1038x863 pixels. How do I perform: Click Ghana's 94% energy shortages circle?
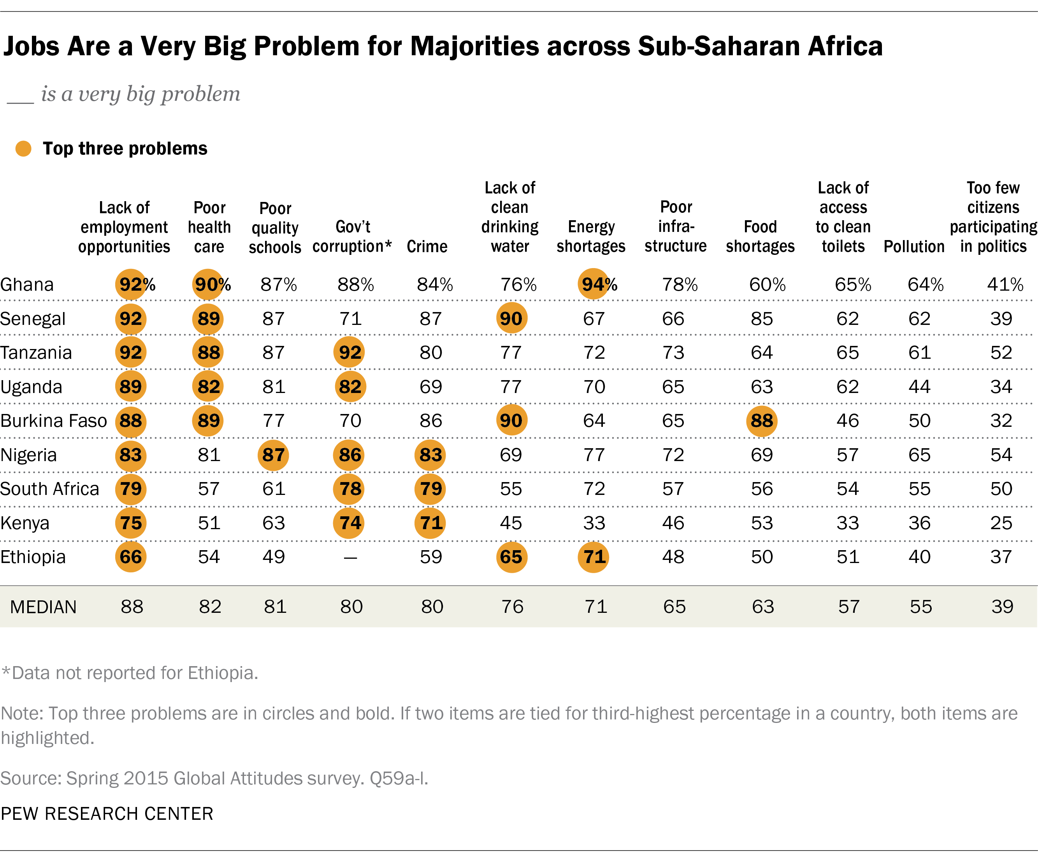coord(593,284)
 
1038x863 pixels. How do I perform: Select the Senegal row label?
coord(33,319)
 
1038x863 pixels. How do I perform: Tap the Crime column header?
coord(427,246)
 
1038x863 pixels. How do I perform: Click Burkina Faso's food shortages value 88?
coord(762,421)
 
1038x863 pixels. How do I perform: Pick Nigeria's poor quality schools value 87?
coord(273,455)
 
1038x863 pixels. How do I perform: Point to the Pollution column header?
coord(914,246)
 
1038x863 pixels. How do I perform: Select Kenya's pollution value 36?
coord(919,523)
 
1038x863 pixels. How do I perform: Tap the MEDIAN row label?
coord(44,607)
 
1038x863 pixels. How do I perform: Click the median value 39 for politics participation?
coord(1002,607)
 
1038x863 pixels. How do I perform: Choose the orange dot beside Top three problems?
coord(23,148)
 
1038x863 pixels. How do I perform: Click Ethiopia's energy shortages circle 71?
coord(594,557)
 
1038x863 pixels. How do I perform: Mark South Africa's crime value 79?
coord(430,489)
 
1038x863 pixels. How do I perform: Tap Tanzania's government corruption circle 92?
coord(350,353)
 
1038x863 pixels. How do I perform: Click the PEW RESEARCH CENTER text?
coord(107,814)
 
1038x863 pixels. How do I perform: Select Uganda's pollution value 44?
coord(919,386)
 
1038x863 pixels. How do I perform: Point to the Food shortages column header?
coord(760,236)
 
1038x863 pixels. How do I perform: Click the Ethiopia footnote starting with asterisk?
coord(130,673)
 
